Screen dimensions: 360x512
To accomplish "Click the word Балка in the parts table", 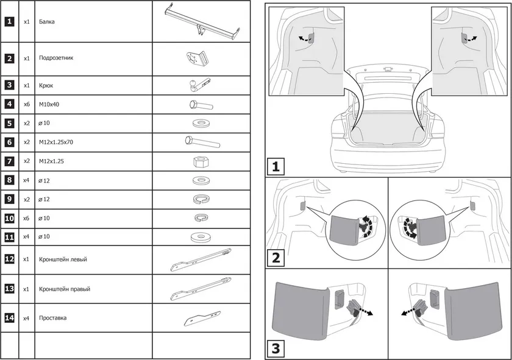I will [46, 21].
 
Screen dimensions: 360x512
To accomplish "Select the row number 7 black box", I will [9, 161].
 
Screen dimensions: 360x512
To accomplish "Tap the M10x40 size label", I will [49, 104].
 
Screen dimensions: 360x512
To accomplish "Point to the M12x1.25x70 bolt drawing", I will [202, 143].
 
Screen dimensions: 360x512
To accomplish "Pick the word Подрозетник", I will [56, 59].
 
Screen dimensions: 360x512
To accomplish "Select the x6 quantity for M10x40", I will [27, 104].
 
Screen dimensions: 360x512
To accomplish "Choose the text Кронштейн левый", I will [63, 259].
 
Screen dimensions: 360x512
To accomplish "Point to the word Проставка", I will [53, 318].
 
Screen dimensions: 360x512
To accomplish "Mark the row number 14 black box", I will [9, 318].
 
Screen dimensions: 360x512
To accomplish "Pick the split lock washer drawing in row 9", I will [201, 199].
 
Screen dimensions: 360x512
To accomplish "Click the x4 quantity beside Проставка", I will [27, 318].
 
